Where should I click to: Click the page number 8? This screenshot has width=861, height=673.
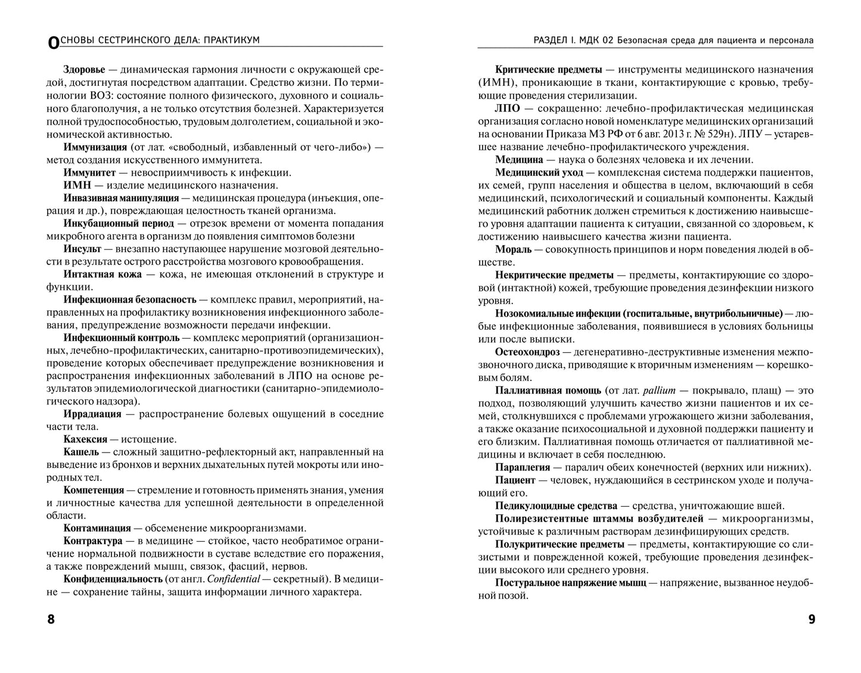coord(51,619)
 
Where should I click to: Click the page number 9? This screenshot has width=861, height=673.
coord(811,619)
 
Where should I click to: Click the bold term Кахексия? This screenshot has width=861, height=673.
coord(85,439)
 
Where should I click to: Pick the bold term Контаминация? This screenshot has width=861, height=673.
coord(97,528)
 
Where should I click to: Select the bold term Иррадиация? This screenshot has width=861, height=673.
coord(92,414)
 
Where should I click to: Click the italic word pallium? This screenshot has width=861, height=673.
coord(658,390)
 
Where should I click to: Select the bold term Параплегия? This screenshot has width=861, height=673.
coord(524,467)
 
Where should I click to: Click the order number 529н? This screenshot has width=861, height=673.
coord(705,134)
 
